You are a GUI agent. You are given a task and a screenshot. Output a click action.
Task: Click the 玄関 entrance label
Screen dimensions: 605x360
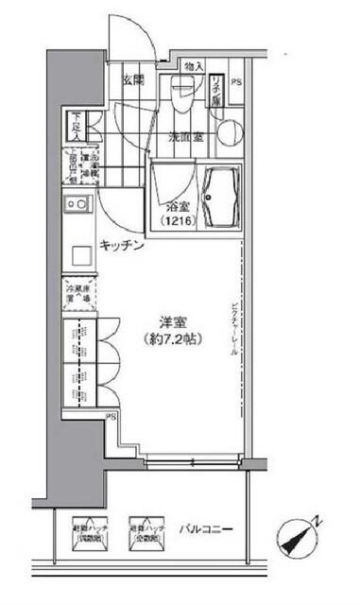132,80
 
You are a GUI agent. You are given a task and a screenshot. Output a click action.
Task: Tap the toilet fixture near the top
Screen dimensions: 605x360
184,94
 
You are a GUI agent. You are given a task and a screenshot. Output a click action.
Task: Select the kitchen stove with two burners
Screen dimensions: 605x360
77,203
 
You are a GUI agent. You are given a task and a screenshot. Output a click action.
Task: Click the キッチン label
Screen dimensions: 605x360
122,246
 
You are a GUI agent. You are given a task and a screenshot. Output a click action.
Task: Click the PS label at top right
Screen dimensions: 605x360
235,81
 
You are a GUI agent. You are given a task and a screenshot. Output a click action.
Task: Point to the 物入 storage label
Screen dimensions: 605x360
192,66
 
